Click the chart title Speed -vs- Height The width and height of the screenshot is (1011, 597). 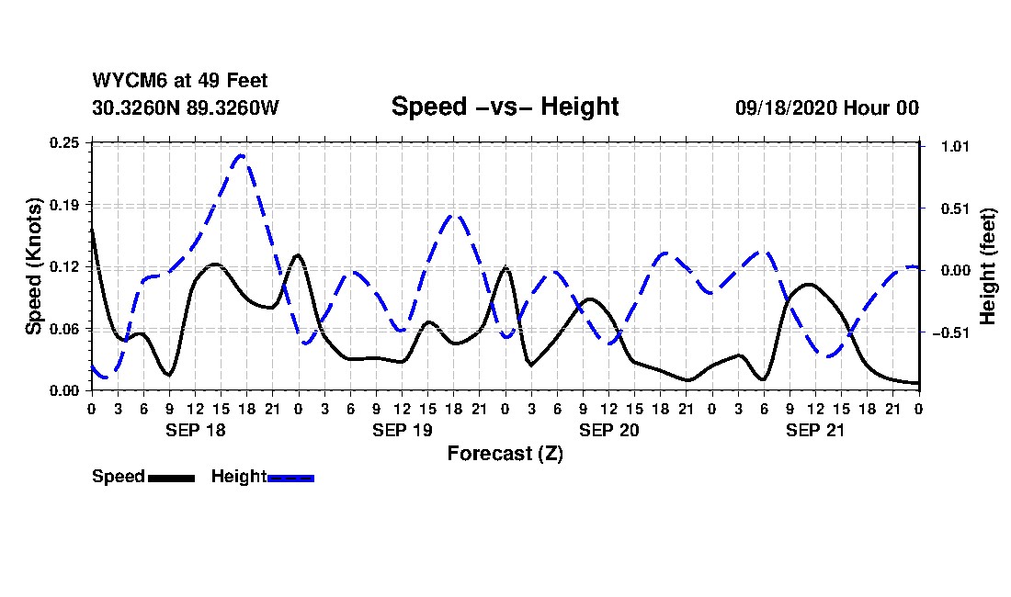coord(505,107)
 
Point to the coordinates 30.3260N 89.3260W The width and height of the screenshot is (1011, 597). coord(185,107)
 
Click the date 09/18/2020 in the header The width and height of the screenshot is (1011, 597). coord(784,107)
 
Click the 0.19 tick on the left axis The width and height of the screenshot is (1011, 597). coord(66,204)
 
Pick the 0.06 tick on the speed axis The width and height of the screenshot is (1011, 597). coord(66,328)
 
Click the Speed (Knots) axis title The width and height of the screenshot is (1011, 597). coord(34,266)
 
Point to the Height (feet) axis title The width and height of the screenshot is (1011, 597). coord(988,266)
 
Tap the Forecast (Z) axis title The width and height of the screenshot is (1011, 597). coord(505,454)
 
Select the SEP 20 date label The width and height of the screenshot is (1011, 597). coord(608,430)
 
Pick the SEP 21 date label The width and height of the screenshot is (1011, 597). coord(815,430)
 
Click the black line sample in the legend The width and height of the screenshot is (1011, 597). coord(171,478)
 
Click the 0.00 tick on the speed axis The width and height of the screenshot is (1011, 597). coord(66,390)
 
